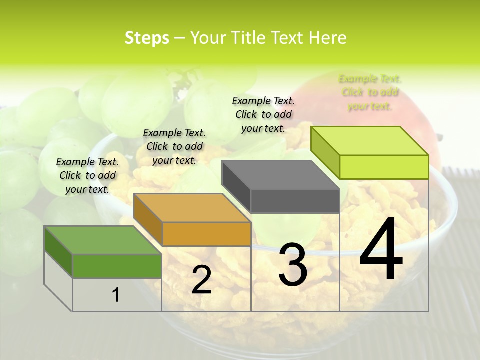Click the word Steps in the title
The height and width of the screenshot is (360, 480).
147,38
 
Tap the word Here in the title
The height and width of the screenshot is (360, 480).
327,38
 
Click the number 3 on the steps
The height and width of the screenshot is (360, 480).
293,264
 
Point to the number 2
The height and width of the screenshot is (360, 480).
201,280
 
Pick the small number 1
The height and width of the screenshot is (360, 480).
116,295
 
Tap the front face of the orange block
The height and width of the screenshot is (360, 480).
206,234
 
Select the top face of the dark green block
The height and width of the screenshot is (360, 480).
103,240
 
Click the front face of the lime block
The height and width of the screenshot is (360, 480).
384,167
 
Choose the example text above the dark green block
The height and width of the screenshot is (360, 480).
88,175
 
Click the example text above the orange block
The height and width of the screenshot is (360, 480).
174,146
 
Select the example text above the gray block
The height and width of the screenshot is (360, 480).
263,114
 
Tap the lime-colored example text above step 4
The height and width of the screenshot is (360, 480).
370,92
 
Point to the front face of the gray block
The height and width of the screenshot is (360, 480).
295,201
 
